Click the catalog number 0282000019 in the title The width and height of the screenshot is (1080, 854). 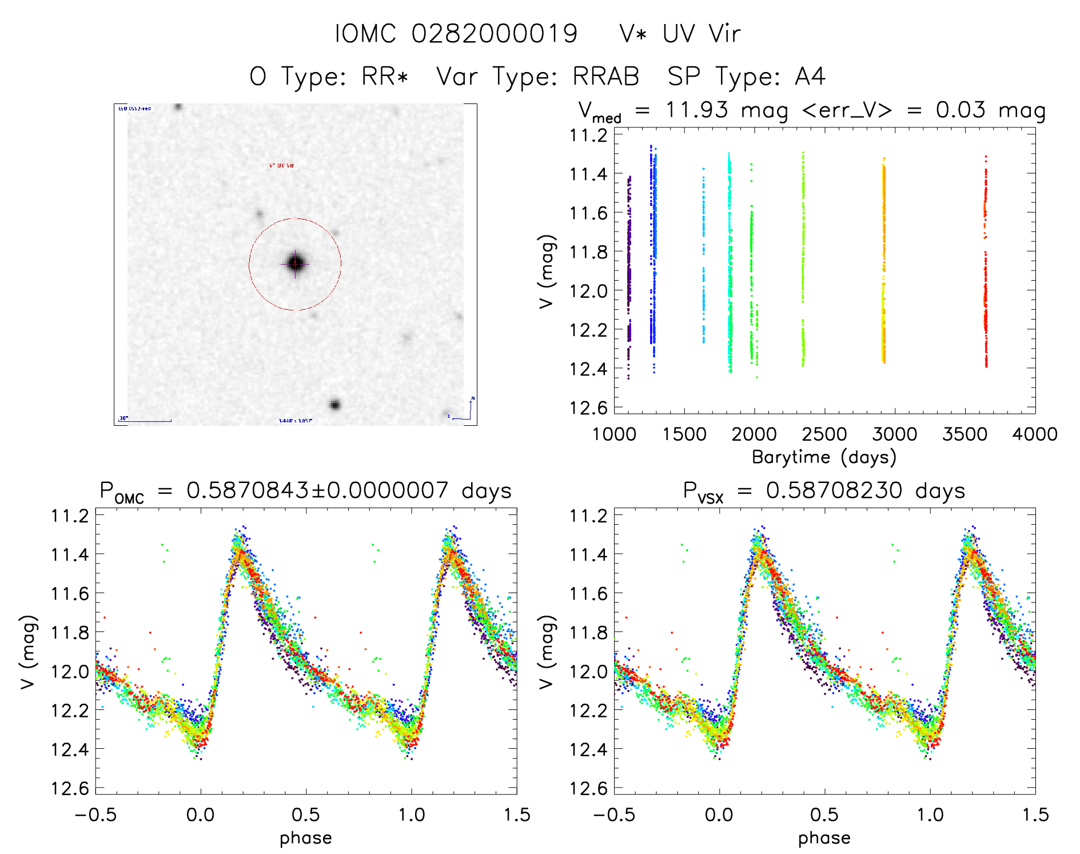pos(494,34)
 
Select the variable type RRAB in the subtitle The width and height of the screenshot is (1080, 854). pos(605,77)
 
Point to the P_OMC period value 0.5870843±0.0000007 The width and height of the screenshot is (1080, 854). pos(317,490)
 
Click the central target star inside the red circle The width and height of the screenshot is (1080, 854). pos(295,264)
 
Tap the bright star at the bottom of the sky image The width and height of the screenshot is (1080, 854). pos(335,405)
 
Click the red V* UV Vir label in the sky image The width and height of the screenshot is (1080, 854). pos(281,165)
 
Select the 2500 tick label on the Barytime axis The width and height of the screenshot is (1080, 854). pos(824,434)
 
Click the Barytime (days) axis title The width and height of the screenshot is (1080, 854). pos(824,457)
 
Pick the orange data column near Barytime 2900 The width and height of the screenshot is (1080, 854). pos(883,263)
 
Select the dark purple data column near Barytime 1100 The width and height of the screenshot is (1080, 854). pos(629,274)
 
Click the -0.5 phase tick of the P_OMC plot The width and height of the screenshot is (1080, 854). pos(95,815)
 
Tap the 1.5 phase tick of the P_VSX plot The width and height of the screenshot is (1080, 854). pos(1035,815)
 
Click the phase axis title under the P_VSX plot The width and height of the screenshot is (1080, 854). pos(824,838)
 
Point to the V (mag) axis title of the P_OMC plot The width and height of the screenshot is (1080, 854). pos(29,652)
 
